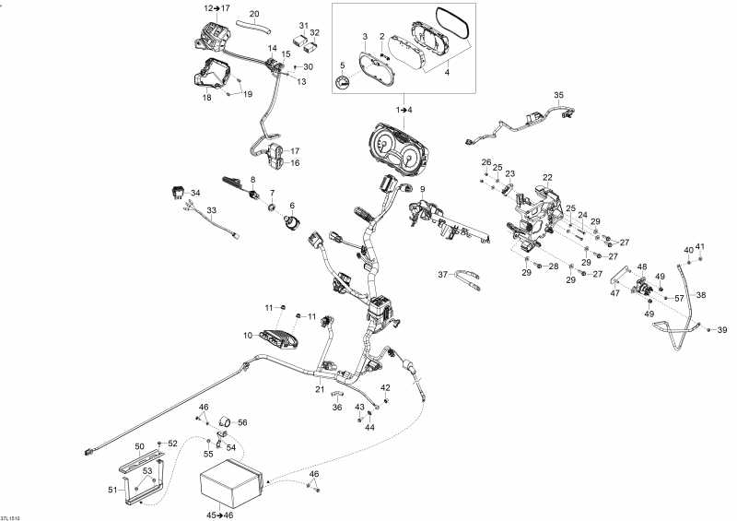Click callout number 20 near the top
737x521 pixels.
click(254, 13)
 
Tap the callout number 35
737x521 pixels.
click(557, 96)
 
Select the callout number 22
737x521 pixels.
click(547, 177)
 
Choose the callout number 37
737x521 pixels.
click(442, 275)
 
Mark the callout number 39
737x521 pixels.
click(722, 330)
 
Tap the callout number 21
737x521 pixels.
click(321, 391)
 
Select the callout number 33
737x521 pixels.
click(211, 210)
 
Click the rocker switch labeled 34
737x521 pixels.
click(176, 193)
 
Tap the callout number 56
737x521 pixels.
click(243, 422)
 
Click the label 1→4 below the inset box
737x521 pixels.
click(404, 110)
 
